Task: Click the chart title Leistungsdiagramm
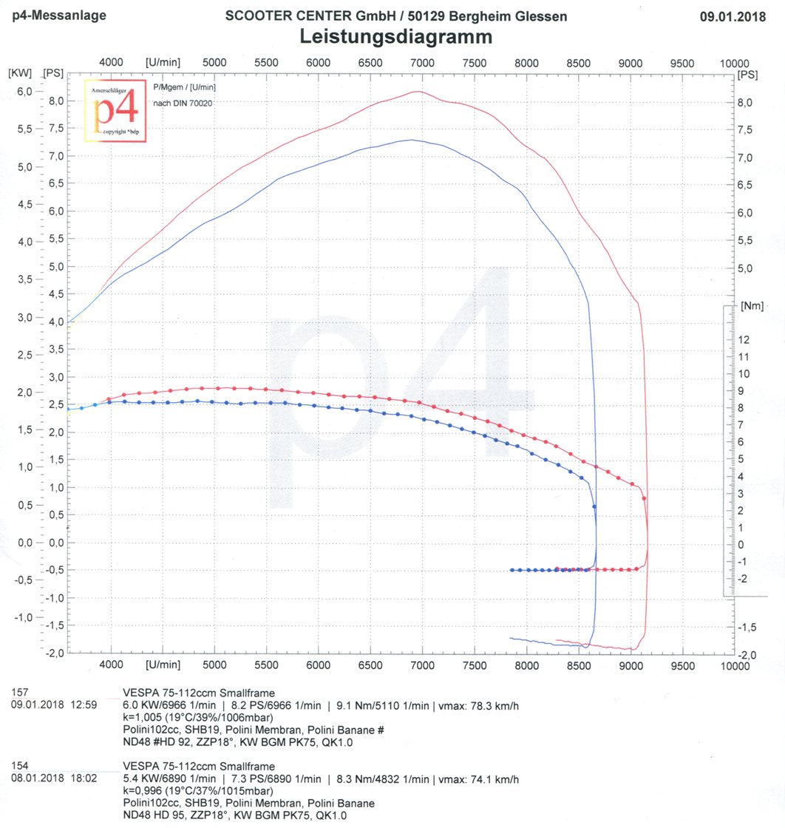(x=395, y=36)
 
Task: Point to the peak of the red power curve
(x=418, y=91)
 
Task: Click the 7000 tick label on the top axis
(x=421, y=64)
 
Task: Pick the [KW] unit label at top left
(x=19, y=73)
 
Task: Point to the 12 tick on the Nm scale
(x=744, y=340)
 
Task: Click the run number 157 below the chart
(x=21, y=693)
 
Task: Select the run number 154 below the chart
(x=21, y=766)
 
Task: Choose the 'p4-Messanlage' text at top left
(x=49, y=15)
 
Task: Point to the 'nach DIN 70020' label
(x=183, y=103)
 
